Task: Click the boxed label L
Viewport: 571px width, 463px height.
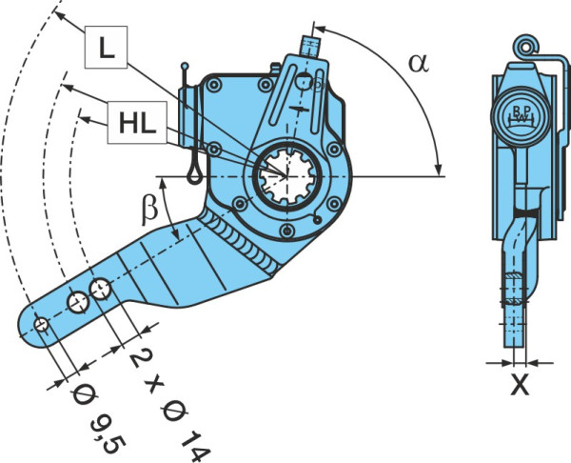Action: click(106, 47)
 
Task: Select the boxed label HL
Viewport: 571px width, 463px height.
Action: click(137, 123)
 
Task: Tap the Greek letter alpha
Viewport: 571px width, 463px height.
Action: click(419, 63)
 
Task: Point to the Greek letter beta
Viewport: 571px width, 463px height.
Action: click(149, 211)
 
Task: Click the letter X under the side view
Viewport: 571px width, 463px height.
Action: click(520, 384)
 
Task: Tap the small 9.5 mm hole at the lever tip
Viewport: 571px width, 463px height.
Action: click(41, 324)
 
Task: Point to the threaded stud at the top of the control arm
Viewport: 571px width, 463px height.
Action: click(309, 47)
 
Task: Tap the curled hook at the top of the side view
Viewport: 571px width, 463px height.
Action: click(526, 47)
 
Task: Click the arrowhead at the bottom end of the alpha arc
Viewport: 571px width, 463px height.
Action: click(439, 169)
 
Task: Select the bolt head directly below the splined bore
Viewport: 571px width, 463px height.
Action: click(287, 230)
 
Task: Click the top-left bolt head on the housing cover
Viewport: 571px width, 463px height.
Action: click(213, 86)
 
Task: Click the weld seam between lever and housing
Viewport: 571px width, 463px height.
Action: click(241, 242)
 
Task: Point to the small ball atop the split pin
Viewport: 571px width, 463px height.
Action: click(185, 67)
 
